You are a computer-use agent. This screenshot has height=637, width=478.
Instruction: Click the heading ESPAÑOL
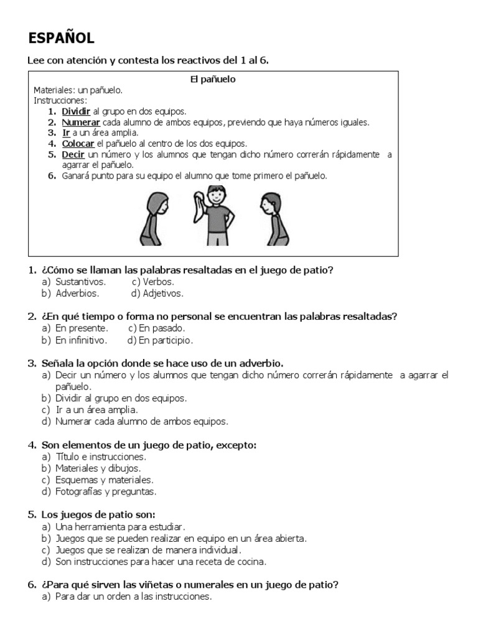point(61,38)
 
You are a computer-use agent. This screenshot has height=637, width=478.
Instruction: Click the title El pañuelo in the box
point(212,80)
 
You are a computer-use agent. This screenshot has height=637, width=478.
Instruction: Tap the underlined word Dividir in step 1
point(76,111)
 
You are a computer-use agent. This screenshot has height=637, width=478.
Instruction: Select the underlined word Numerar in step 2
point(81,122)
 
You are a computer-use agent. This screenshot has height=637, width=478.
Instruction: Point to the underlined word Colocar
point(78,143)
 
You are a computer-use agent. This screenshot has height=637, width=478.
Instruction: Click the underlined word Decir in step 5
point(73,154)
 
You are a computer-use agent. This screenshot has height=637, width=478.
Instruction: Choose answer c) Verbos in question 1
point(152,282)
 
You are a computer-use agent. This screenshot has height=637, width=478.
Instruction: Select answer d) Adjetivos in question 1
point(157,293)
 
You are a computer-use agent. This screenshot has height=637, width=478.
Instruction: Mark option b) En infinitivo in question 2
point(81,340)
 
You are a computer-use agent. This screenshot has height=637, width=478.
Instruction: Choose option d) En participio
point(160,340)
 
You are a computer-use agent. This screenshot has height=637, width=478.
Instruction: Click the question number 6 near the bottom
point(32,585)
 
